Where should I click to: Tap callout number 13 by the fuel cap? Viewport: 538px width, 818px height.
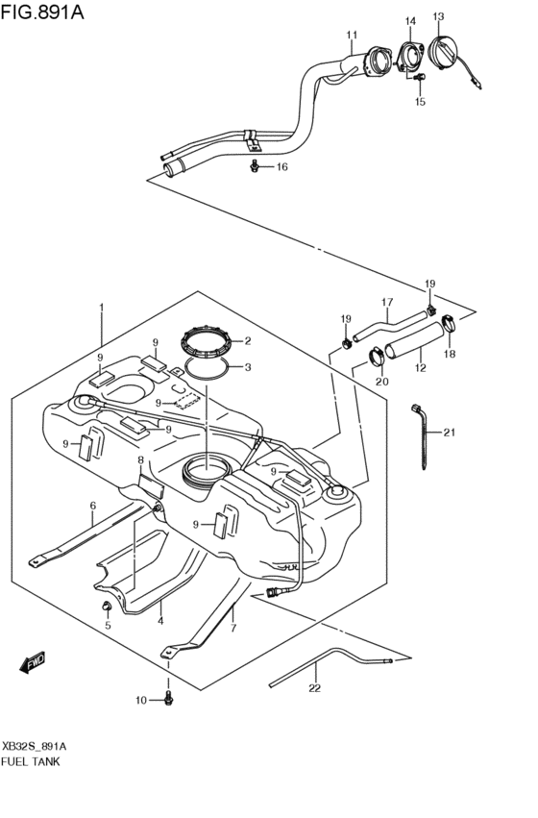coord(438,16)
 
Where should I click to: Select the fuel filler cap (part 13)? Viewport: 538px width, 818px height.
coord(446,52)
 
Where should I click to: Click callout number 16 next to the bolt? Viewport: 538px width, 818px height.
coord(282,167)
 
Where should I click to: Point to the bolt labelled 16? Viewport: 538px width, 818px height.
coord(255,167)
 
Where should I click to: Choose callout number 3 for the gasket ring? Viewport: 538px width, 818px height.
coord(247,366)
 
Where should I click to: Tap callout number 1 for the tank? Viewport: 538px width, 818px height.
coord(101,309)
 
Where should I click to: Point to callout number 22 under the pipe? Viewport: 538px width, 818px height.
coord(313,688)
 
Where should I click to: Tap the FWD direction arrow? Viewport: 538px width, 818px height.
coord(32,661)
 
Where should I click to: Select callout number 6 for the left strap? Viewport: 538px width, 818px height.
coord(93,506)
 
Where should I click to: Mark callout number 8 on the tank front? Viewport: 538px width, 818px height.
coord(139,461)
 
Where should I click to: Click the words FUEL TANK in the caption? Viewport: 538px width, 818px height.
coord(32,760)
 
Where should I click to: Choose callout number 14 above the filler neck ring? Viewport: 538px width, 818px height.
coord(410,21)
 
